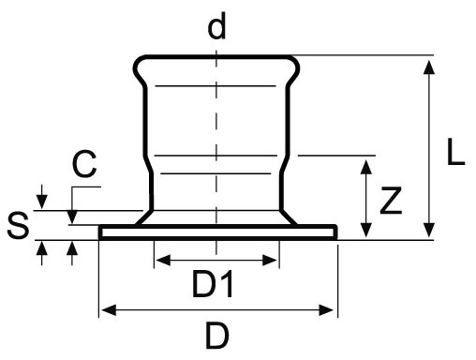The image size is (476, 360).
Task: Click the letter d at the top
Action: [217, 27]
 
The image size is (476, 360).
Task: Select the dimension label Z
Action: [393, 199]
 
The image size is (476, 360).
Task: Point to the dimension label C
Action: [84, 167]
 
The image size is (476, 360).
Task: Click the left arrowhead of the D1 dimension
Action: [160, 257]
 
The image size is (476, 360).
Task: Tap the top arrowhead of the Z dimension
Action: [364, 163]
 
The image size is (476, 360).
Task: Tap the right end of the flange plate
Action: [335, 232]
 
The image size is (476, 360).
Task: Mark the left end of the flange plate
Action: [100, 232]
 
